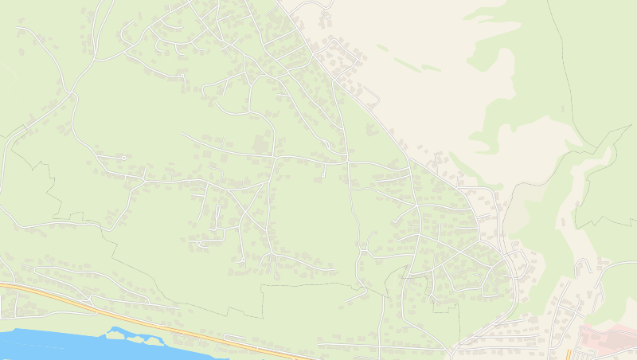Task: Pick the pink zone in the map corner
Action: coord(609,341)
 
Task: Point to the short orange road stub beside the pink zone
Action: coord(568,354)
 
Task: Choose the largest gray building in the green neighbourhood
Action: coord(260,144)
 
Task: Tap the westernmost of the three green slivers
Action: coord(383,48)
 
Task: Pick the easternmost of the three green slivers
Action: coord(431,68)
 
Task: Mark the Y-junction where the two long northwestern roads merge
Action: coord(74,94)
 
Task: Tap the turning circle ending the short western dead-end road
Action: coord(123,158)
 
